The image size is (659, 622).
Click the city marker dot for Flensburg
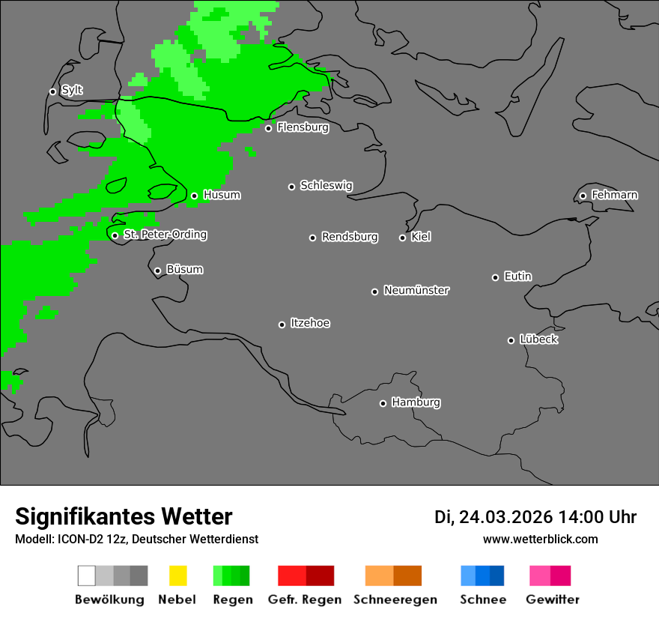(x=268, y=128)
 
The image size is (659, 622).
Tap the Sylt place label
(x=72, y=90)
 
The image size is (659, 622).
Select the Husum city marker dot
(x=194, y=196)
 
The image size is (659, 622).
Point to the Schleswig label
(x=326, y=185)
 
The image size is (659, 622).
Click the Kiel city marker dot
(x=402, y=238)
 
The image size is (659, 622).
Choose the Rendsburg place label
(x=350, y=237)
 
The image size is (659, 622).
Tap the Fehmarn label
(x=614, y=195)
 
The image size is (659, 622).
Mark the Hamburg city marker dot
(x=383, y=403)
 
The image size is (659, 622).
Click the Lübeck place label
(x=538, y=339)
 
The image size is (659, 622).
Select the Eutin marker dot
(x=495, y=277)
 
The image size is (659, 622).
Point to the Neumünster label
(x=416, y=290)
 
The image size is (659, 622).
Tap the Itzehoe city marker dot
(x=282, y=324)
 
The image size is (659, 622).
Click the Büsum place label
(x=184, y=269)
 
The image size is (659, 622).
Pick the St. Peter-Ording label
(x=165, y=235)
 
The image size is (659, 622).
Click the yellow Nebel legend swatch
(x=177, y=576)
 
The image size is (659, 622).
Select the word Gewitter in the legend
(x=553, y=600)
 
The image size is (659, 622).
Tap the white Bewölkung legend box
(x=87, y=576)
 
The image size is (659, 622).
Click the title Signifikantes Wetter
(x=124, y=516)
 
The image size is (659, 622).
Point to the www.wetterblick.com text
(x=540, y=539)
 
